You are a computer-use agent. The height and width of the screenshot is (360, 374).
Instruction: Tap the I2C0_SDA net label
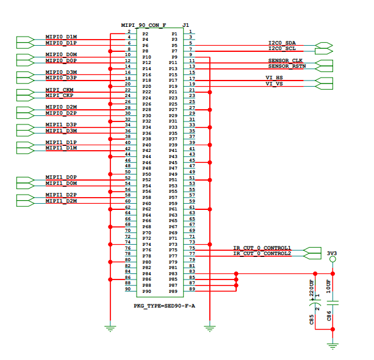282,43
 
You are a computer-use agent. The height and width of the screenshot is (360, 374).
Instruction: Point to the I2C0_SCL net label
282,48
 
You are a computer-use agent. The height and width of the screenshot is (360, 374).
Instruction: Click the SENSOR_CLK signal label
285,60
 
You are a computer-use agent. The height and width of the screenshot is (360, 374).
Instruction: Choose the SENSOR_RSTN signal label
286,66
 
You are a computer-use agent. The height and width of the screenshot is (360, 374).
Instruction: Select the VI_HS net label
274,77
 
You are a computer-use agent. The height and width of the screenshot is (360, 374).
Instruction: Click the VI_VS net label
274,84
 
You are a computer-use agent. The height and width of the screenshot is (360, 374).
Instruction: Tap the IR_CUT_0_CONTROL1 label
262,248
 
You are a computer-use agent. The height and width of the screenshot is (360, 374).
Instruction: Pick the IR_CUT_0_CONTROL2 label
262,253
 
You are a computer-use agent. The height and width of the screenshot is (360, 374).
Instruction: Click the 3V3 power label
333,253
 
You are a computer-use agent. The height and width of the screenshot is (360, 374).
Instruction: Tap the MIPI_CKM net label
60,90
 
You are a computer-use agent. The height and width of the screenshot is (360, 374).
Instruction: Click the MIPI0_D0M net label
61,55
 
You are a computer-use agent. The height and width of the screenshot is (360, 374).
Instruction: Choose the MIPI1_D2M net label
61,201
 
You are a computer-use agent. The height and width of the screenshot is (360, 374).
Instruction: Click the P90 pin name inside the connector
146,291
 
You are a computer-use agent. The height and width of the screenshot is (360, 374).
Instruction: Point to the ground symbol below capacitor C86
333,345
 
